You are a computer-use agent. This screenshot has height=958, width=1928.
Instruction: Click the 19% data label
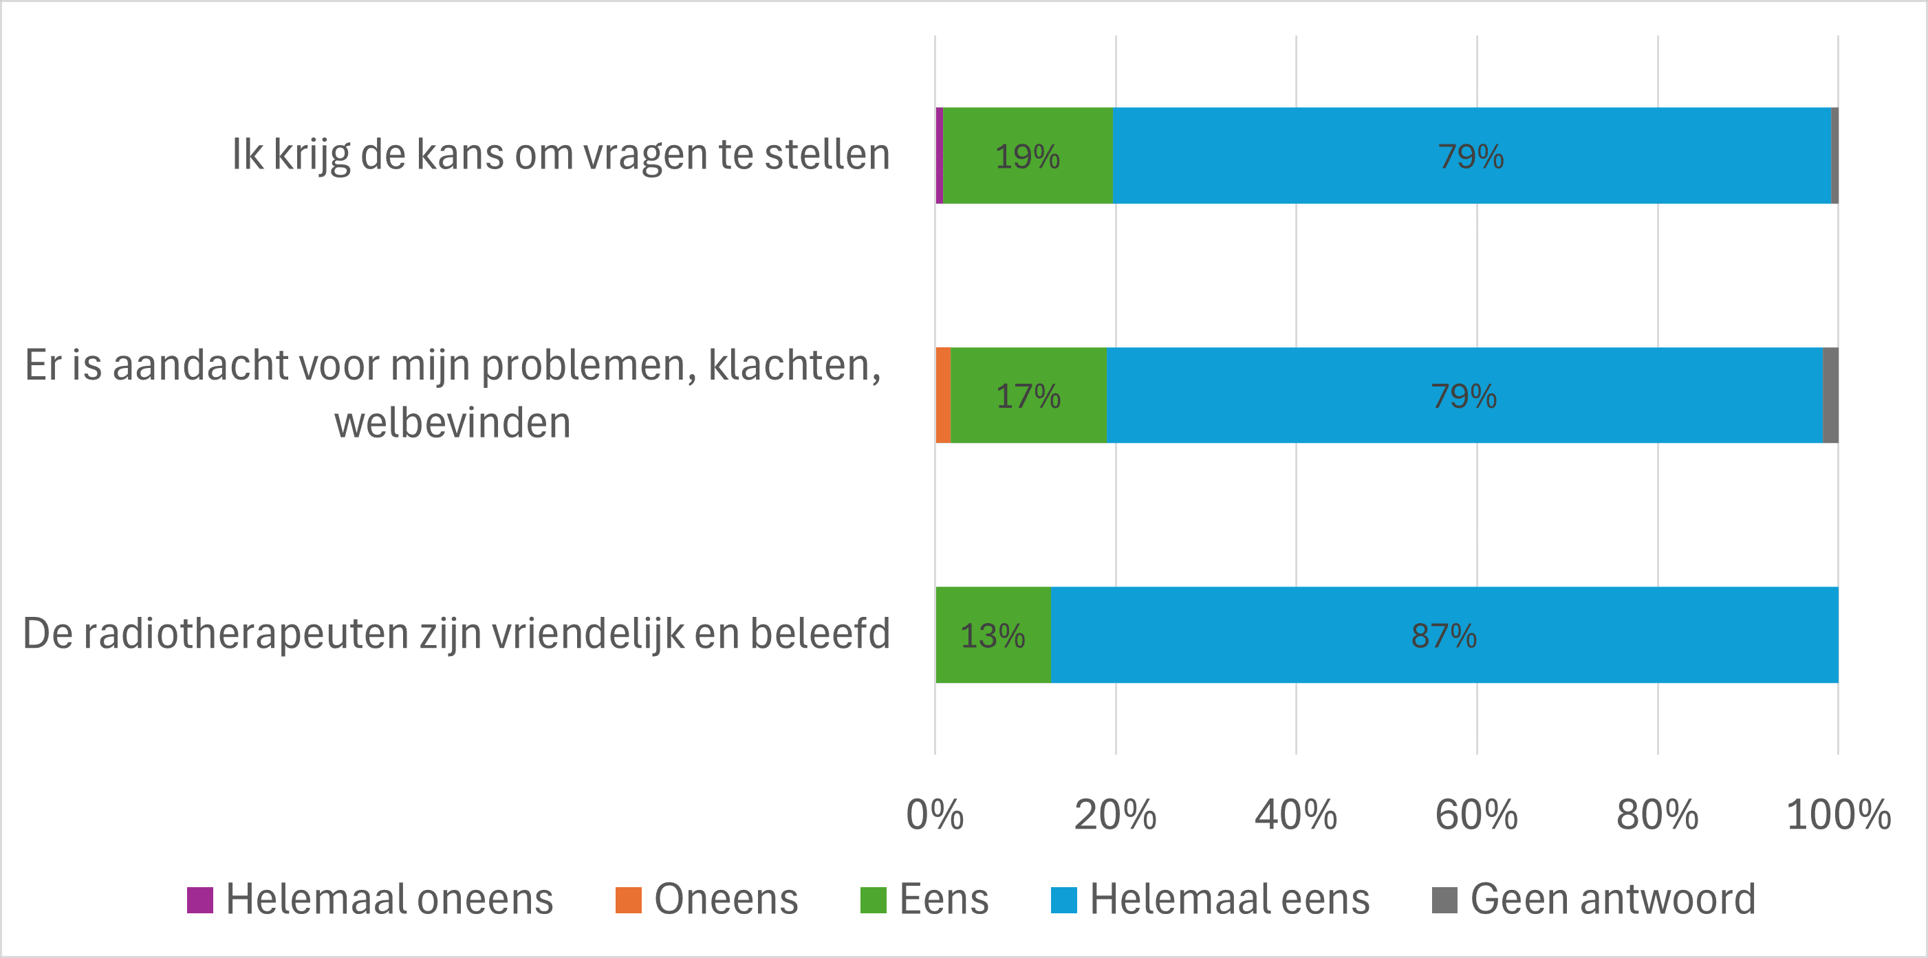click(x=1027, y=156)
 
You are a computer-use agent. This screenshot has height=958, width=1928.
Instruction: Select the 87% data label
click(x=1443, y=635)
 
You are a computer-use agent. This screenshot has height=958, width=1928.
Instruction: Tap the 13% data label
click(x=992, y=635)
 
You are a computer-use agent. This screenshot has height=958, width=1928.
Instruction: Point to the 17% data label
click(x=1028, y=396)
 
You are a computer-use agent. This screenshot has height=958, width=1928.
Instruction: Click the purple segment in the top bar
click(x=940, y=155)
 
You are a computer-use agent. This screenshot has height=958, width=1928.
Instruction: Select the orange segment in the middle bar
click(x=943, y=395)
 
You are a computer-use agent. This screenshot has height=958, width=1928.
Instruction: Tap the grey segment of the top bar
click(x=1834, y=155)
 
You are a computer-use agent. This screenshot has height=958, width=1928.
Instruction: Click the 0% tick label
click(x=935, y=814)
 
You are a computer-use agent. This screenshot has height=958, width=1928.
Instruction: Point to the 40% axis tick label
click(x=1296, y=814)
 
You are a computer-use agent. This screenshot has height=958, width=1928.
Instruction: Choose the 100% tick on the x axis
click(x=1838, y=814)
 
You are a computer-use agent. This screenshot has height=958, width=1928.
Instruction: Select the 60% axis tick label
click(x=1476, y=814)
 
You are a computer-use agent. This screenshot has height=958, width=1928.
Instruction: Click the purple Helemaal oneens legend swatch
click(x=200, y=900)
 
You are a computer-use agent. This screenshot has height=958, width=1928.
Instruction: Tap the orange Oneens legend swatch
click(x=628, y=900)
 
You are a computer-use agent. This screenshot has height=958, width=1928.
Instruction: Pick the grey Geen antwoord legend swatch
click(x=1444, y=900)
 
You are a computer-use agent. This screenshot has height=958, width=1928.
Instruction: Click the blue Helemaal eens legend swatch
click(x=1063, y=900)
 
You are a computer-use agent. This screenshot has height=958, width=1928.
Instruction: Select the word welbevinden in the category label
click(x=452, y=423)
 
